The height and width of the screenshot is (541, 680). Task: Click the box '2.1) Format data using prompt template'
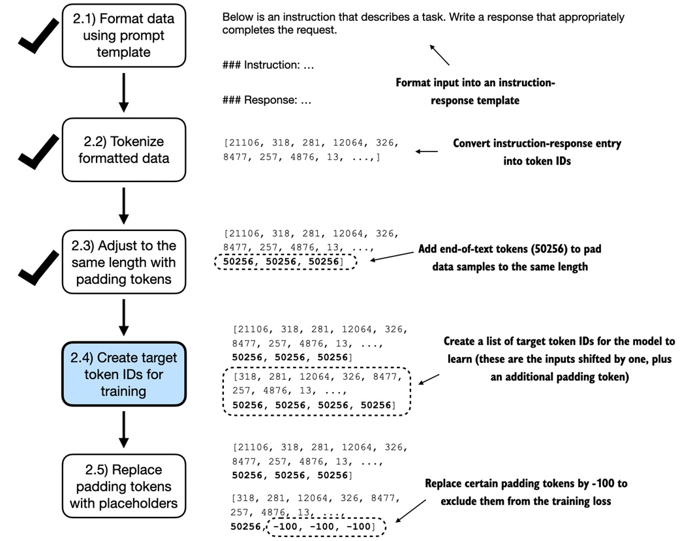pos(123,36)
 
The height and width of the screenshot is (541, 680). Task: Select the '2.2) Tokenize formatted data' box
pos(123,149)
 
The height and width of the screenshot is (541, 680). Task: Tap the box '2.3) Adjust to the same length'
pos(123,262)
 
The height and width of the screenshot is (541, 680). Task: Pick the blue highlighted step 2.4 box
pos(123,374)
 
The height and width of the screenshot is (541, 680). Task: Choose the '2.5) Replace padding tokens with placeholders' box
pos(123,486)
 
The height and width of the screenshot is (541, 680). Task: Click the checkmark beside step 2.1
pos(38,37)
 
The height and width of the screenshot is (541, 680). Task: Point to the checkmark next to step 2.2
pos(38,152)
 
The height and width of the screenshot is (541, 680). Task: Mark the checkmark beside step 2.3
pos(38,268)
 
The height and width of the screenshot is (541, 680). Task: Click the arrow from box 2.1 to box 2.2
pos(123,93)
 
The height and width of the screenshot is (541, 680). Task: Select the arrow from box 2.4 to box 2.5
pos(123,429)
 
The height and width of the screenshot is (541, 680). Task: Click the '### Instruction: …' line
pos(268,65)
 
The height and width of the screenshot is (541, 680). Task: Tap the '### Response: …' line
pos(267,100)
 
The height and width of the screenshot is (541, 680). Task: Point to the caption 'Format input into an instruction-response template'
pos(475,91)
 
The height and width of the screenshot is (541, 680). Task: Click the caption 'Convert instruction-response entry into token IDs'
pos(537,152)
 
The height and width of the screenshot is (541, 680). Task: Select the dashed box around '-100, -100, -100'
pos(325,527)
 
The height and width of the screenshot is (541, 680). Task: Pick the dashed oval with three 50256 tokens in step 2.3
pos(286,262)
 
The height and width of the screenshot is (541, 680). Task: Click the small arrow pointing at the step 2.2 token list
pos(427,151)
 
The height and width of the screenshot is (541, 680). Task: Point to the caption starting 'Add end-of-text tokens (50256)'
pos(510,258)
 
